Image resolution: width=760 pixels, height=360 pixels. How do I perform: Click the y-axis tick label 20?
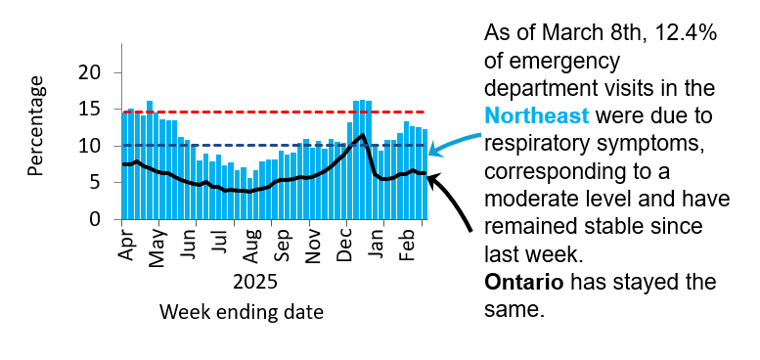point(91,72)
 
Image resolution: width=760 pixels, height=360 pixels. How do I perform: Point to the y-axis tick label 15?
point(91,110)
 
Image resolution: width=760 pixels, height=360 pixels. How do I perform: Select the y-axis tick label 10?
point(91,146)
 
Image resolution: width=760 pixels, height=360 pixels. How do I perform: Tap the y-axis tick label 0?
point(96,219)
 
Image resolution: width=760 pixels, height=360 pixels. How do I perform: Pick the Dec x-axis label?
point(343,243)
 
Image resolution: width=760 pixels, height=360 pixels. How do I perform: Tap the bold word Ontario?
point(524,282)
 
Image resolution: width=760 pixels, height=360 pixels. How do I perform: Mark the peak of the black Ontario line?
point(363,135)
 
